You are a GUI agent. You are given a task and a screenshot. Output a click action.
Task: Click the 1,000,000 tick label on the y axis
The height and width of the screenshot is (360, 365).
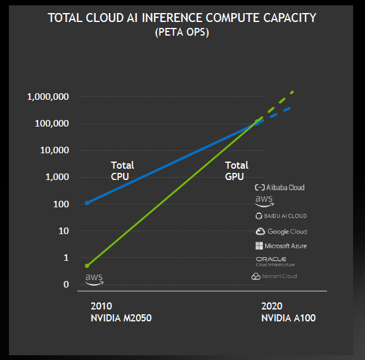49,97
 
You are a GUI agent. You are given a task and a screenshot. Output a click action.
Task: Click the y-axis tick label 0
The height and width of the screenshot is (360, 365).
67,285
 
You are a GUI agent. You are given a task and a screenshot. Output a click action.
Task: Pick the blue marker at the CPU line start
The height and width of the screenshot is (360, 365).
87,203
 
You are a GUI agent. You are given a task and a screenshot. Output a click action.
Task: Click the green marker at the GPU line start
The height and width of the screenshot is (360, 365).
87,266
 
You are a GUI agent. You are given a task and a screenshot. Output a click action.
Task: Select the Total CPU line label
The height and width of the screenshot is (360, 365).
122,170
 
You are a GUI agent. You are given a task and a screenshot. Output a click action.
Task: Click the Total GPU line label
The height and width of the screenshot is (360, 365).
236,170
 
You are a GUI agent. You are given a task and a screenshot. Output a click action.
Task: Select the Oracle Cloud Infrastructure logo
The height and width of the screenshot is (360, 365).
275,261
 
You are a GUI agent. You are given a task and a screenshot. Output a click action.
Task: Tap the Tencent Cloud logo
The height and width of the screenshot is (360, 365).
274,276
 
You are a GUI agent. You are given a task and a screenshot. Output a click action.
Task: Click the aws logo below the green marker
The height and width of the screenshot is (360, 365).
94,279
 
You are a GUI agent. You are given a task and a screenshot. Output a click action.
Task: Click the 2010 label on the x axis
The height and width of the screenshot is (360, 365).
100,307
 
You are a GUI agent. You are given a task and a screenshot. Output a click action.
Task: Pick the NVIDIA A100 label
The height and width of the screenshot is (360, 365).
288,318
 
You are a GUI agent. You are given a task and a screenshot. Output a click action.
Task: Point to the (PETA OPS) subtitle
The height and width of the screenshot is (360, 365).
182,32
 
